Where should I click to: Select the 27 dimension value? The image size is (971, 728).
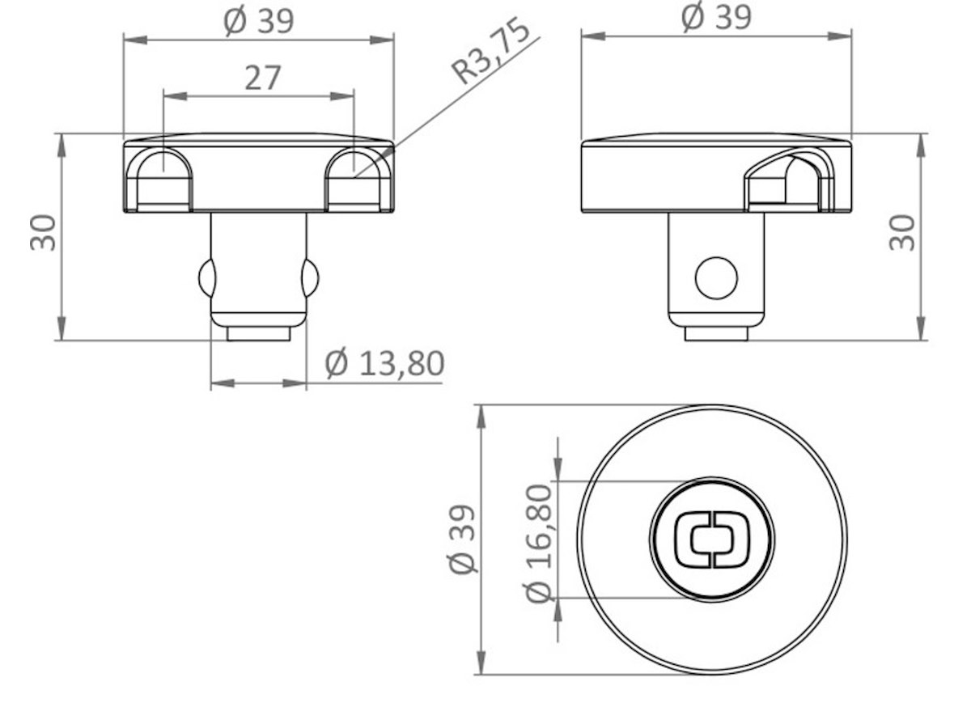pyautogui.click(x=262, y=78)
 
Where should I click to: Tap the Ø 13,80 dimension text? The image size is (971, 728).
pyautogui.click(x=384, y=363)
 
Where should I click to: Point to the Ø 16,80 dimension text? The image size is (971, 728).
pyautogui.click(x=539, y=544)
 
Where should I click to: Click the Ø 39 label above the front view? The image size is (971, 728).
pyautogui.click(x=259, y=21)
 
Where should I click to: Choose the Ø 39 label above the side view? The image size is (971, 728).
pyautogui.click(x=716, y=18)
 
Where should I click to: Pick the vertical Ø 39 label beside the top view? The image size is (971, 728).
pyautogui.click(x=462, y=540)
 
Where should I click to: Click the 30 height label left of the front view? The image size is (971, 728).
pyautogui.click(x=44, y=233)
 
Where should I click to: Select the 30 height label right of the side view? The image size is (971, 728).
pyautogui.click(x=902, y=233)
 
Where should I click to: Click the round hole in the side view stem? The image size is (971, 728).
pyautogui.click(x=716, y=278)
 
